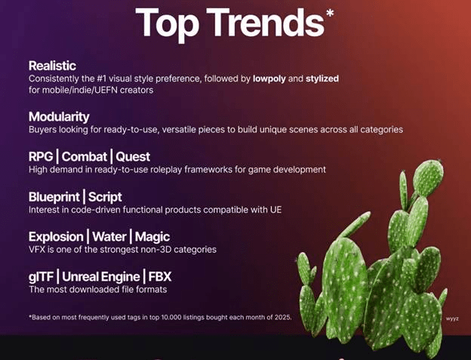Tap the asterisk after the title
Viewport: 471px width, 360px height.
coord(330,14)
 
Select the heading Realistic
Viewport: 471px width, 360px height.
coord(52,66)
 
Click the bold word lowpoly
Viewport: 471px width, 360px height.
coord(275,78)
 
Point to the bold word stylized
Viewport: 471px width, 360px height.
coord(322,78)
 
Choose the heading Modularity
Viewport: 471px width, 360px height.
coord(59,117)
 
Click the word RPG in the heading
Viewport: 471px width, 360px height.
coord(41,157)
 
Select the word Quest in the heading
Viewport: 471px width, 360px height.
coord(133,157)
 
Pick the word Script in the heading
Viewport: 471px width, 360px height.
coord(105,197)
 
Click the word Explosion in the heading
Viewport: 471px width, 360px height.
coord(56,237)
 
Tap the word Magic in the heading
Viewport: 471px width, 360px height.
coord(152,237)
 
